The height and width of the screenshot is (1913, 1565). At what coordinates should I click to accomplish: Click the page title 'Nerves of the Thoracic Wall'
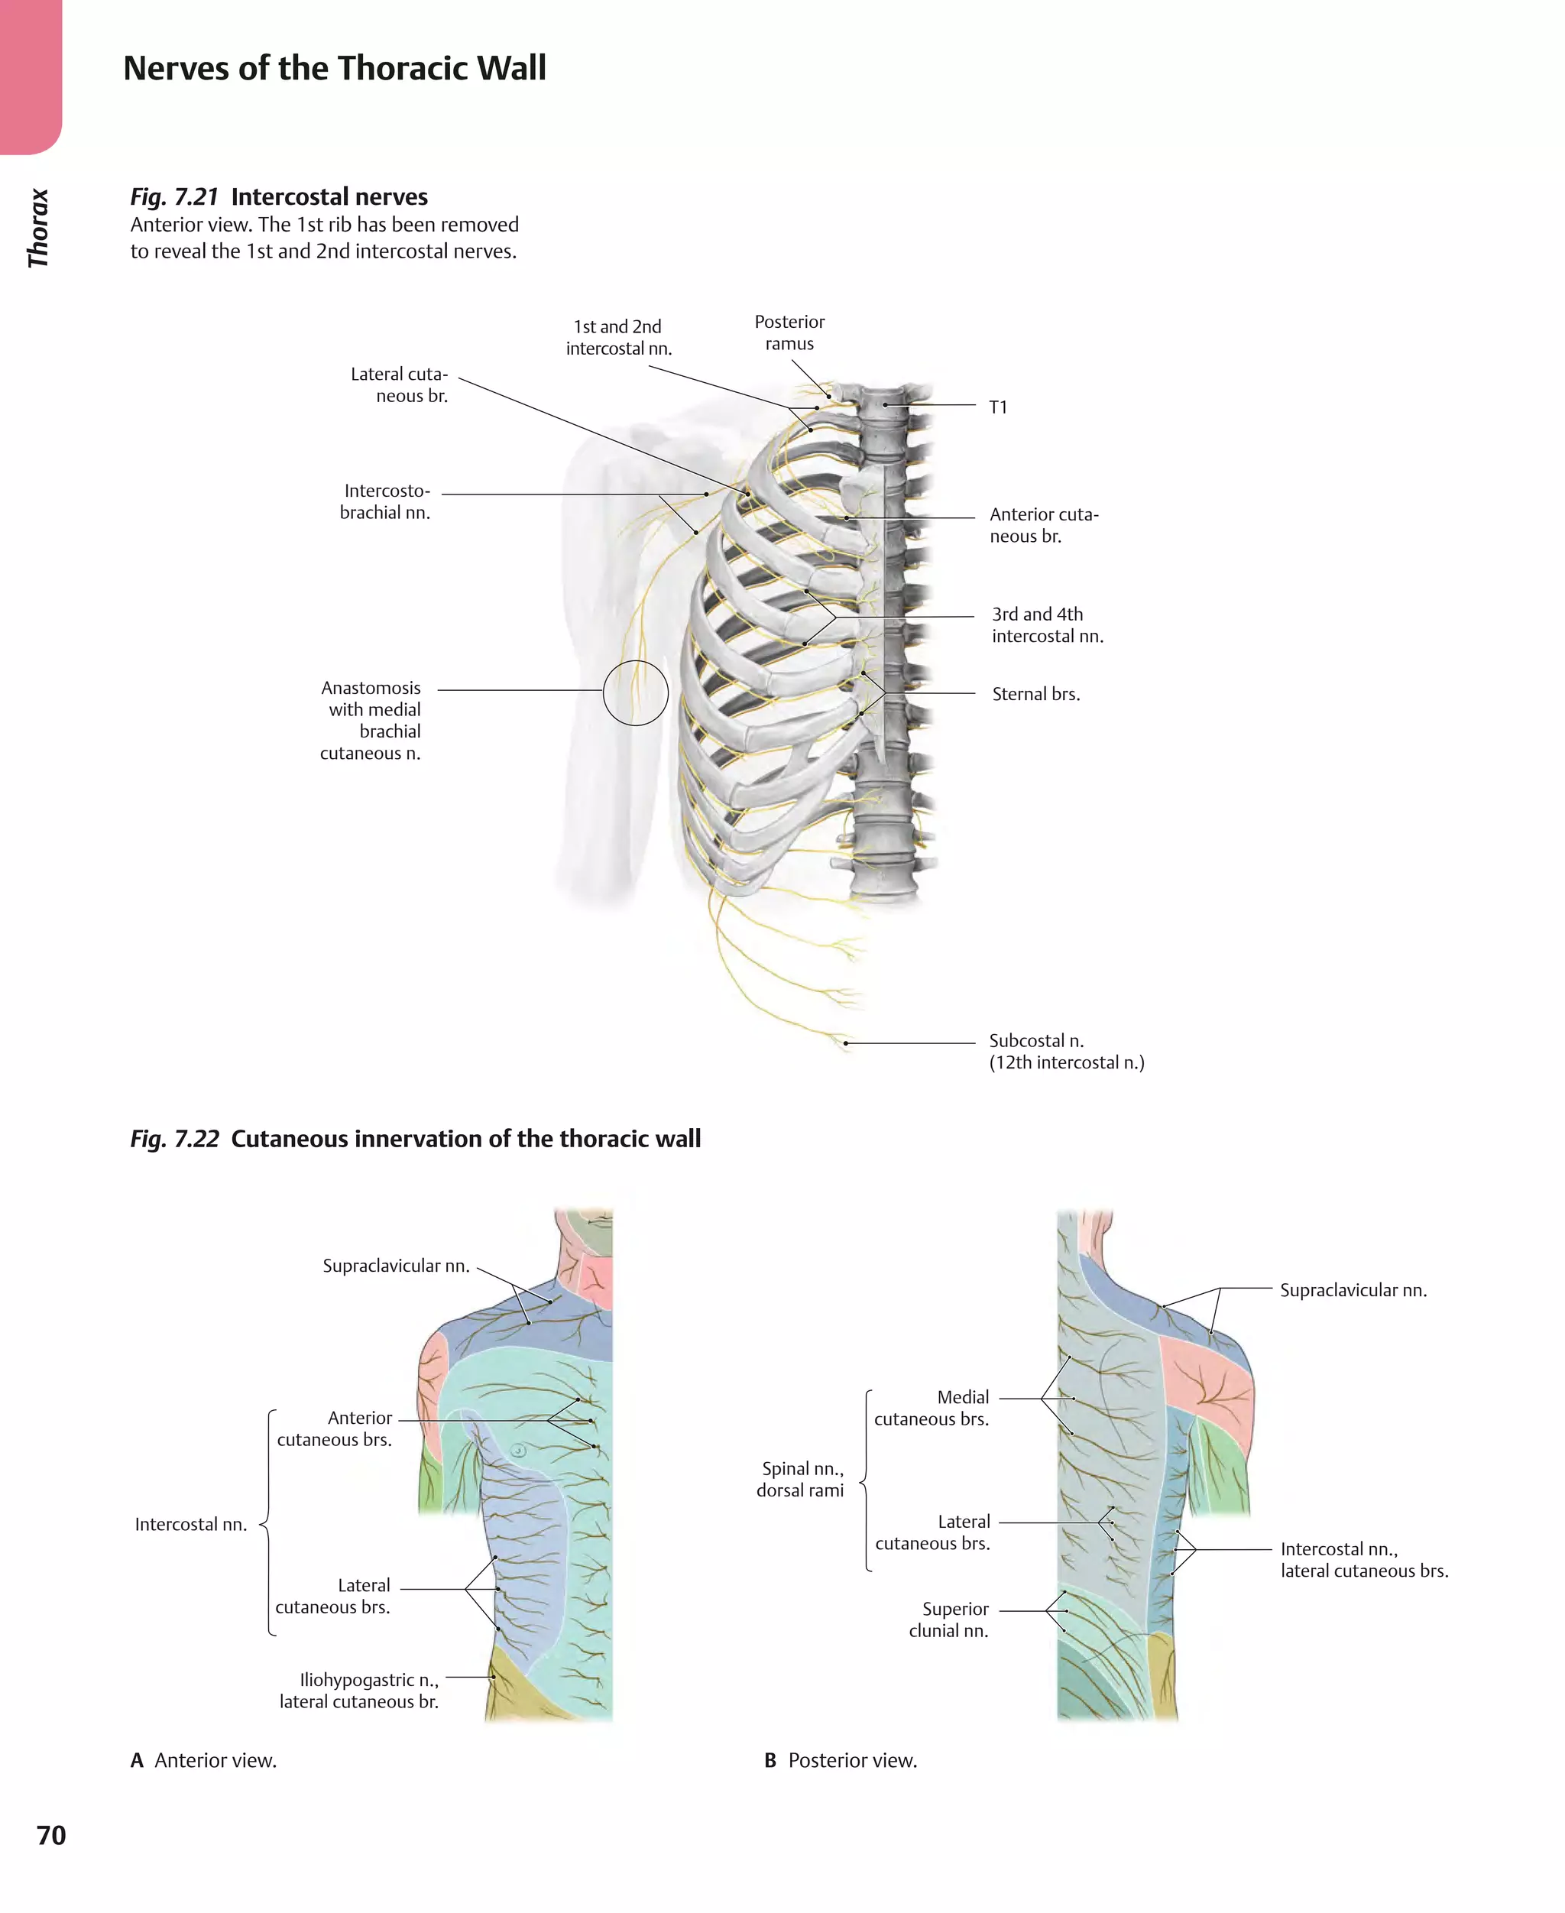[x=335, y=69]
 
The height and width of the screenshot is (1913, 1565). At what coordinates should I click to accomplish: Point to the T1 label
[x=998, y=407]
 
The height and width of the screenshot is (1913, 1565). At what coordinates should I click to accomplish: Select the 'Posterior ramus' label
[x=789, y=332]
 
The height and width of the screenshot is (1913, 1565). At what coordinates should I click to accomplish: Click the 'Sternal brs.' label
[x=1036, y=694]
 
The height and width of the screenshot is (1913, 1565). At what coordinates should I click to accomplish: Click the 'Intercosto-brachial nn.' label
[x=386, y=501]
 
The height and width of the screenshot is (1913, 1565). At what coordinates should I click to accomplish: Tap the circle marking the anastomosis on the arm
[x=636, y=692]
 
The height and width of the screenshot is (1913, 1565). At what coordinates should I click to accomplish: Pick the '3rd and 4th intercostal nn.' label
[x=1047, y=624]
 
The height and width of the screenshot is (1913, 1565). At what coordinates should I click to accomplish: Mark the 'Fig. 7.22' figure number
[x=174, y=1139]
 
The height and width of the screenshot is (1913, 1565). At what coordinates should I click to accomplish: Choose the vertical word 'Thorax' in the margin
[x=38, y=228]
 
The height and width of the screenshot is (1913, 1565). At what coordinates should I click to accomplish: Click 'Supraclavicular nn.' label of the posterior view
[x=1353, y=1290]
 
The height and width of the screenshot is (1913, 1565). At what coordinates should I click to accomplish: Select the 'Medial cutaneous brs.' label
[x=932, y=1407]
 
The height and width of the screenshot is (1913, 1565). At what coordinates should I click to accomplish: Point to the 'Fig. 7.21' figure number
[x=174, y=196]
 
